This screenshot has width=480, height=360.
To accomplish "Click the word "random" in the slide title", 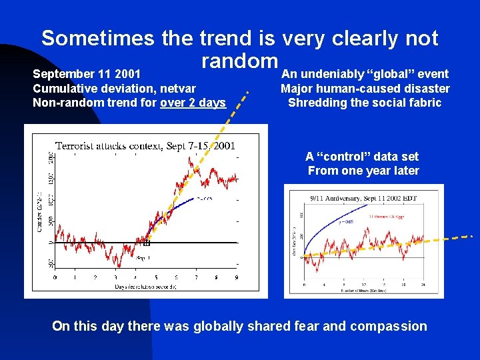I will [x=239, y=61].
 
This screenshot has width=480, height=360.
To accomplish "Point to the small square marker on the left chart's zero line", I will [x=147, y=243].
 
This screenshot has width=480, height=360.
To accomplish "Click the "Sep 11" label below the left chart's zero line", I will [x=143, y=257].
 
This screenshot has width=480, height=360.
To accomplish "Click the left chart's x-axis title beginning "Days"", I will [x=145, y=287].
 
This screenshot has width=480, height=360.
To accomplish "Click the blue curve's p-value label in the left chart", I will [x=204, y=198].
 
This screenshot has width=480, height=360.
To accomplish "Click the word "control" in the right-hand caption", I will [x=351, y=157].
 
